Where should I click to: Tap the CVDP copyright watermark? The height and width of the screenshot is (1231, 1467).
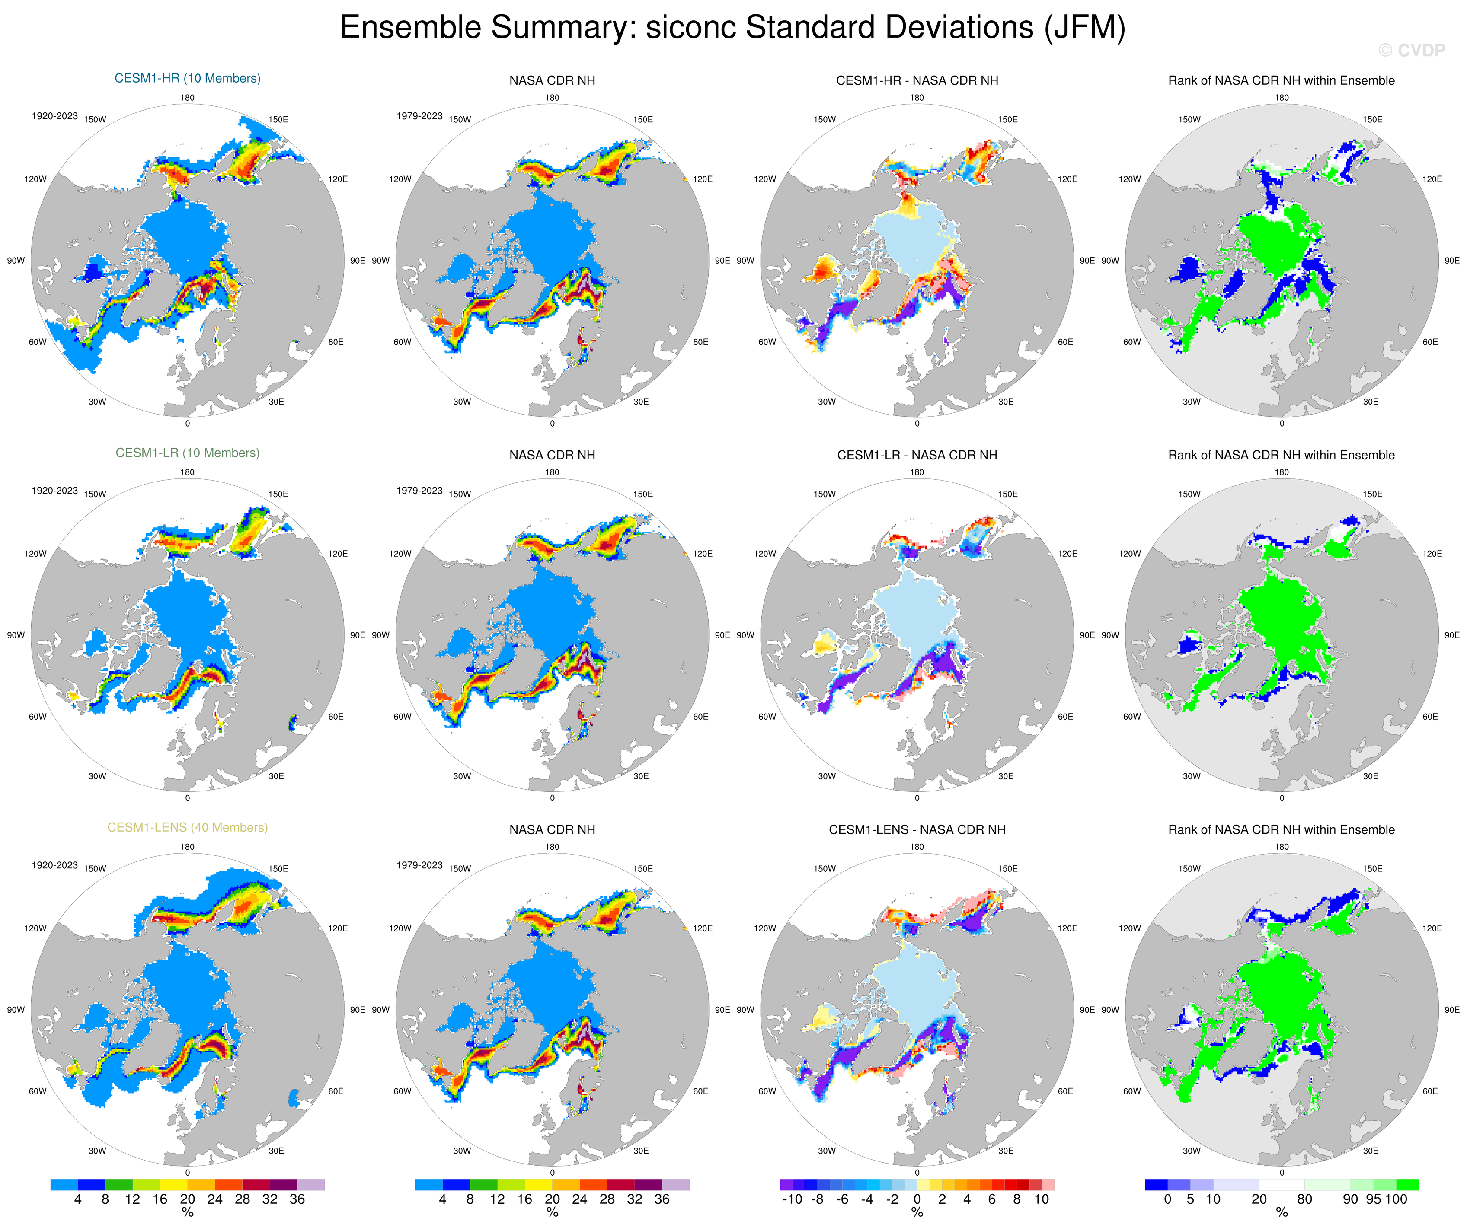tap(1411, 50)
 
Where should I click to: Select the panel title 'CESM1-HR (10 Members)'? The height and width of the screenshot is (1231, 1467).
tap(187, 78)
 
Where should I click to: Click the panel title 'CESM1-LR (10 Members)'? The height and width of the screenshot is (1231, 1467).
tap(187, 453)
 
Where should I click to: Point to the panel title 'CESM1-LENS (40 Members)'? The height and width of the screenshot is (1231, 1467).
tap(187, 827)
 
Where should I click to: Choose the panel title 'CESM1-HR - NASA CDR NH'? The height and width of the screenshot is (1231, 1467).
tap(917, 80)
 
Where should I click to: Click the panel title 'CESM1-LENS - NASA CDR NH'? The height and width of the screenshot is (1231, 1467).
tap(917, 829)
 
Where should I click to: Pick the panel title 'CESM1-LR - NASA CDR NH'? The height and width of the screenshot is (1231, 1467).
tap(917, 455)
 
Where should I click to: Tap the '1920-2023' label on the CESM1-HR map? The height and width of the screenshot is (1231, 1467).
tap(54, 116)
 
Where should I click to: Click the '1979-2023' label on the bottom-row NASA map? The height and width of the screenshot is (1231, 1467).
tap(419, 865)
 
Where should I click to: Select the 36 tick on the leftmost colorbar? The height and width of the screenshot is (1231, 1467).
tap(297, 1199)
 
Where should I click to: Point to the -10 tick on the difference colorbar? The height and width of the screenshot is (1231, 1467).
tap(792, 1199)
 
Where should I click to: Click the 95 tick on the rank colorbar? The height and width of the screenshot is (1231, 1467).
tap(1373, 1199)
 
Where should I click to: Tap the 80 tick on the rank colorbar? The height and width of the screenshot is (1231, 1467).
tap(1304, 1199)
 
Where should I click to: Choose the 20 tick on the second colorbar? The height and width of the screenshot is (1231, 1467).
tap(552, 1199)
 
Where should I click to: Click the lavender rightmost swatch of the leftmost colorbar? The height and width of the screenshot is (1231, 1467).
tap(311, 1184)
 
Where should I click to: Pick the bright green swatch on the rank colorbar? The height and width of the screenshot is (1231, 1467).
tap(1407, 1184)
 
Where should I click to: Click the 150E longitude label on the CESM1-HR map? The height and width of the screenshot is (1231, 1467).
tap(278, 119)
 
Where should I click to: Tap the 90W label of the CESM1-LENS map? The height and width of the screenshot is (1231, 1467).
tap(16, 1010)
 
